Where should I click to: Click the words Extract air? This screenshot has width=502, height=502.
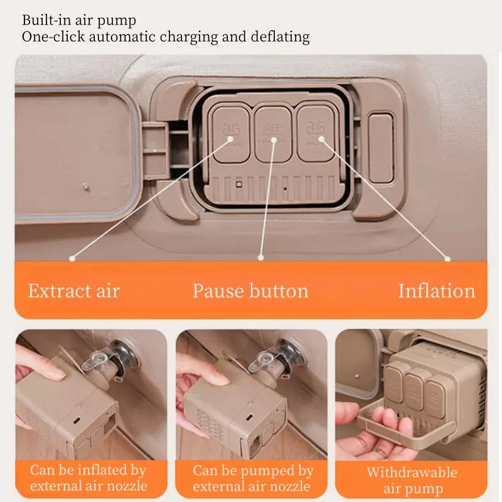(x=73, y=291)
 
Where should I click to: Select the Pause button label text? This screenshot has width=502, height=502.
(x=250, y=291)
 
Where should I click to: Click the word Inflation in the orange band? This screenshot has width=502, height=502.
(x=436, y=291)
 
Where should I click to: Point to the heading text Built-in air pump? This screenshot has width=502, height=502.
(x=78, y=20)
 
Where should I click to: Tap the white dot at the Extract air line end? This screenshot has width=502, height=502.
(x=72, y=257)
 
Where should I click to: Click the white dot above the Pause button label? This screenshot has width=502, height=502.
(x=260, y=257)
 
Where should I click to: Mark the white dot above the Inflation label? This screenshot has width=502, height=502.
(x=447, y=257)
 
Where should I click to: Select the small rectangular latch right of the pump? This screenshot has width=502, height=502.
(x=381, y=147)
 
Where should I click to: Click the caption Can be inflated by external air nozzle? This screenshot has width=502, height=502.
(x=88, y=478)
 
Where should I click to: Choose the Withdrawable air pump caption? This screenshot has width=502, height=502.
(x=412, y=481)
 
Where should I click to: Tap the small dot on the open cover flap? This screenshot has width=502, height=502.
(x=86, y=186)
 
